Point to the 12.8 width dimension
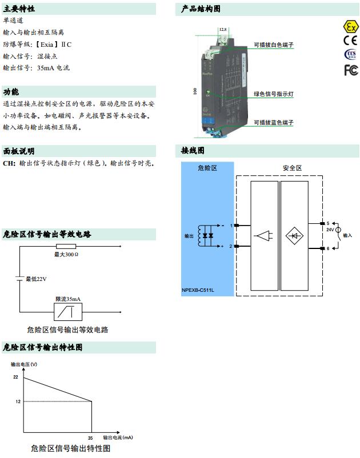[222, 29]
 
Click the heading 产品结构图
[201, 9]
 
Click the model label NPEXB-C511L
[198, 290]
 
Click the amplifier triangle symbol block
[263, 235]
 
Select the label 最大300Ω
[66, 254]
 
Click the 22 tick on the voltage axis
[16, 377]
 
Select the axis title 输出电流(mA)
[118, 437]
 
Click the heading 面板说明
[19, 151]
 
